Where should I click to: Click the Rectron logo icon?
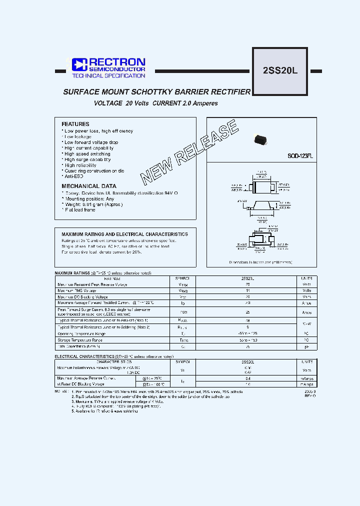tap(79, 64)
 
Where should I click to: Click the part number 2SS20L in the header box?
tap(280, 70)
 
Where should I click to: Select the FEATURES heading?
tap(75, 124)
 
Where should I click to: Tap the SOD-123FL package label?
tap(299, 156)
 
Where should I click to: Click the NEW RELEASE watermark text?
tap(190, 152)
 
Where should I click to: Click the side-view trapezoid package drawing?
tap(261, 205)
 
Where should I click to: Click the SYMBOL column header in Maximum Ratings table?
tap(183, 278)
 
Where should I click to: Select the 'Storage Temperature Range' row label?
tap(82, 339)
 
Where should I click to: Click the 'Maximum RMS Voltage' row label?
tap(77, 290)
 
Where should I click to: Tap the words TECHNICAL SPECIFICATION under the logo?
tap(108, 76)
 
